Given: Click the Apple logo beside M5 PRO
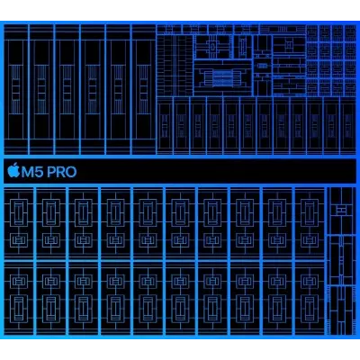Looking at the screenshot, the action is point(13,171).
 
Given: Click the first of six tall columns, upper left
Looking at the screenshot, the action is point(15,89).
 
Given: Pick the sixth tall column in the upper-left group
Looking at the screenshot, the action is point(143,89).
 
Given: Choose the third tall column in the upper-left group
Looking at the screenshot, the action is point(67,89).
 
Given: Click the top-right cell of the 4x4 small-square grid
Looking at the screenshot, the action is point(350,32).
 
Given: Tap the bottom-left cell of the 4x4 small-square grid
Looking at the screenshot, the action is point(312,88).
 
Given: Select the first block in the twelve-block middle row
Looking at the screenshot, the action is point(165,125).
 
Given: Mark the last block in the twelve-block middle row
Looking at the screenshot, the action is point(348,125).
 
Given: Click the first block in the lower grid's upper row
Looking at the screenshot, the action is point(19,224).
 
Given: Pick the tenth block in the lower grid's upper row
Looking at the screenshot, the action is point(310,224).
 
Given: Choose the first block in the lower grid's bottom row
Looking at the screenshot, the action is point(19,298).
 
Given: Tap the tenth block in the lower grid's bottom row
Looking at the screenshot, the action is point(310,298).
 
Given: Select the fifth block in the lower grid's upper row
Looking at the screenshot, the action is point(148,224).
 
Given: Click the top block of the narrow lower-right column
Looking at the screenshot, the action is point(341,211).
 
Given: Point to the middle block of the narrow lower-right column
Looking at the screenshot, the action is point(341,260).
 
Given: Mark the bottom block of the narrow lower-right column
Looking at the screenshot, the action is point(341,310).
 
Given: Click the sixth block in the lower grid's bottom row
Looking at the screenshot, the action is point(180,298).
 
